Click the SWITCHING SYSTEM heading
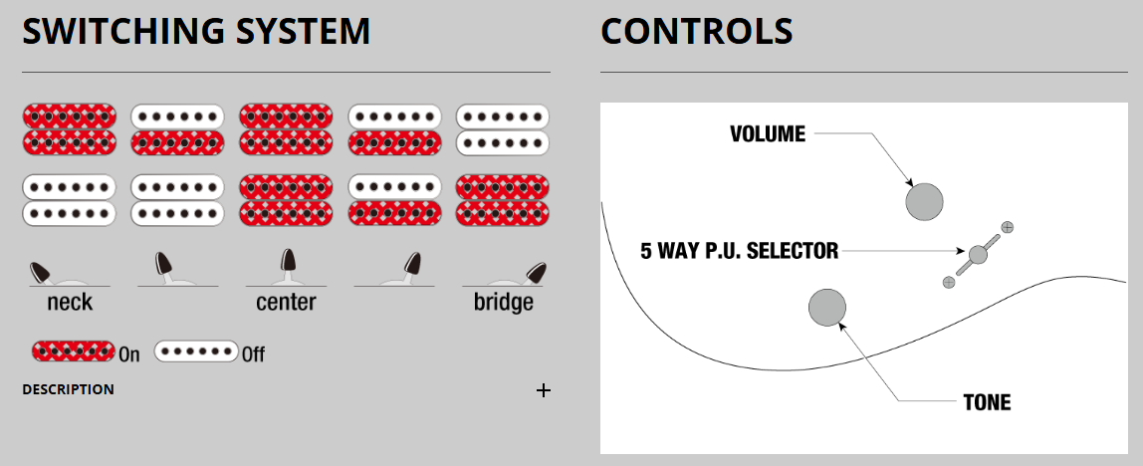(x=196, y=32)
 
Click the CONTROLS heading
(x=697, y=32)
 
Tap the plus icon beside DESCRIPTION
(x=544, y=390)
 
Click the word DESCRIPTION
(x=68, y=389)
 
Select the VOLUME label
(x=767, y=134)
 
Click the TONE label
(x=987, y=403)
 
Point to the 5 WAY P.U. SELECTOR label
(x=739, y=251)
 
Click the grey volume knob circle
(x=924, y=202)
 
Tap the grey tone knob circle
(x=827, y=308)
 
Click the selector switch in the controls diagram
(x=978, y=255)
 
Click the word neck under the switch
(x=70, y=303)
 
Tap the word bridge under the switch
(x=503, y=303)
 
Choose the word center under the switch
(x=286, y=303)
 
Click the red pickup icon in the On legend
(x=74, y=351)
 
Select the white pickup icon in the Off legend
(x=196, y=351)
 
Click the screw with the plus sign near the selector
(x=1008, y=227)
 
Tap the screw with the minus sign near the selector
(x=948, y=283)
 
